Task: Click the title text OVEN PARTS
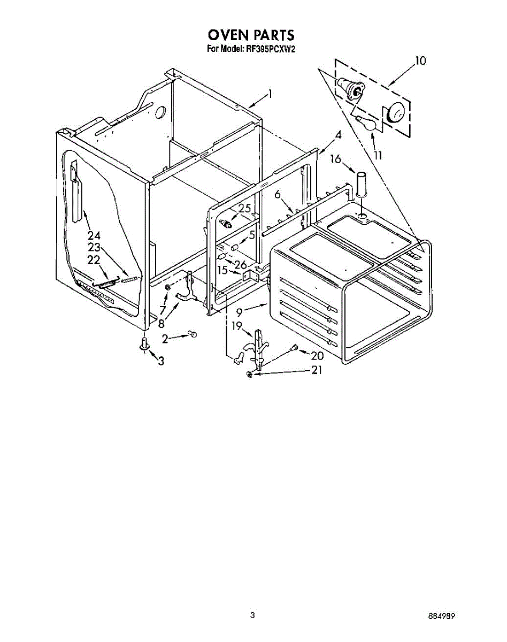click(251, 35)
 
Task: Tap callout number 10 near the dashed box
click(420, 61)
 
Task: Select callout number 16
click(335, 159)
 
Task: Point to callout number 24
click(94, 235)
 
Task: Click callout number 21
click(317, 370)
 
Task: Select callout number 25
click(244, 208)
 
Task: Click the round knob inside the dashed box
click(395, 113)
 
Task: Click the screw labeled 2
click(193, 334)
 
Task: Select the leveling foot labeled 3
click(144, 343)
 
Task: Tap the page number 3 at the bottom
click(252, 616)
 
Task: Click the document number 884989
click(441, 616)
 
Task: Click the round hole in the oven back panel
click(160, 112)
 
